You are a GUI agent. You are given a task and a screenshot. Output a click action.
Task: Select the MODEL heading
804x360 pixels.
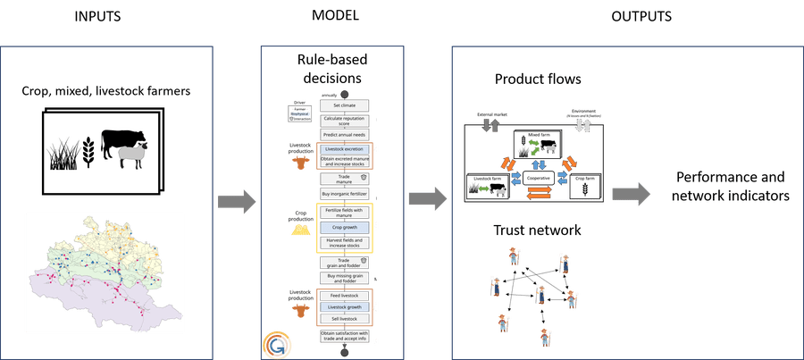[338, 15]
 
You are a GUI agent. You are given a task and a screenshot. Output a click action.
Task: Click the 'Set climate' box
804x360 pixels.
[345, 105]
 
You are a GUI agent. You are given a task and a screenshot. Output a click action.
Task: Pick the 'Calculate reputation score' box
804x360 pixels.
[345, 121]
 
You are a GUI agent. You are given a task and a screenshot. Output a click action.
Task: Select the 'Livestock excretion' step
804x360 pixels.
[345, 148]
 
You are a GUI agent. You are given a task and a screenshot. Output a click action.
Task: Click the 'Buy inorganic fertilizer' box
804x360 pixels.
[345, 193]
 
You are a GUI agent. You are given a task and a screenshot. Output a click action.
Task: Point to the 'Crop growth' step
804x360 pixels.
[345, 227]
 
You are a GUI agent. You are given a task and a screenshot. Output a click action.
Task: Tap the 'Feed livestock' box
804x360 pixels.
[345, 296]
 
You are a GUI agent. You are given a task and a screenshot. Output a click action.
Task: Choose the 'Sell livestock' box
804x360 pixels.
[345, 319]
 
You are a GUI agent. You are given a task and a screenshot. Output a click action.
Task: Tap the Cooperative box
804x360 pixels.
[538, 178]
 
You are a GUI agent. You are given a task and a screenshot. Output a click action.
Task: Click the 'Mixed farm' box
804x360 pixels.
[537, 143]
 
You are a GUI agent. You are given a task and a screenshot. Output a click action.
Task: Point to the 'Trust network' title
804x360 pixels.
[538, 230]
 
